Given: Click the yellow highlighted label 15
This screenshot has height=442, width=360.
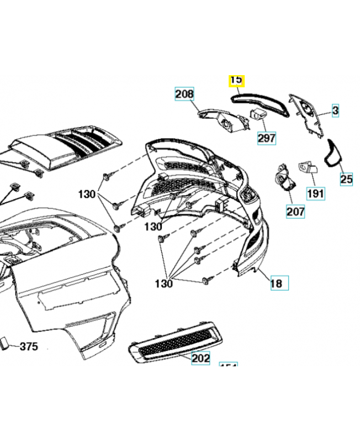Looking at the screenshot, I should [x=236, y=81].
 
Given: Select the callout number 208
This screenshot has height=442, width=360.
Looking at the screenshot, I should [x=185, y=94].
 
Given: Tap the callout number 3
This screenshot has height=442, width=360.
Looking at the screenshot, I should [x=335, y=111].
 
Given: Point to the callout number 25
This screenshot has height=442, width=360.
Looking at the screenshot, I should [x=346, y=179].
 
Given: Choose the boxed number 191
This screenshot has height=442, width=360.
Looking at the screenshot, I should [x=315, y=193].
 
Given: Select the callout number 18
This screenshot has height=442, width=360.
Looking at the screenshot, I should [x=277, y=283].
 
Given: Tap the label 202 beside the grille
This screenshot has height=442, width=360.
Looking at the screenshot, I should [x=200, y=358].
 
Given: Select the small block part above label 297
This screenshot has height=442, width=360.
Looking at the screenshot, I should [x=258, y=114].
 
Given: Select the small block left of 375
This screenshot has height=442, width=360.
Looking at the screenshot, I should [x=4, y=344].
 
